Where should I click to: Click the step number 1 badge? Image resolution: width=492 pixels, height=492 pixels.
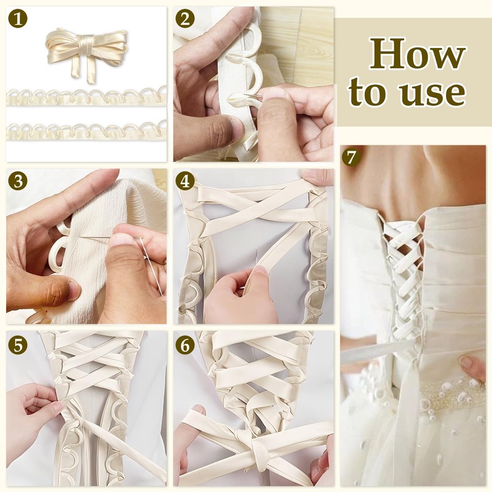coord(18,19)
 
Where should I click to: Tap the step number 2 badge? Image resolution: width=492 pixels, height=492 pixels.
coord(185,19)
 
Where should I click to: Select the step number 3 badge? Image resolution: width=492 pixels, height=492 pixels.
coord(18,181)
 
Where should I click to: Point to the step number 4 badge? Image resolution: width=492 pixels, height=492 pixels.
coord(185,181)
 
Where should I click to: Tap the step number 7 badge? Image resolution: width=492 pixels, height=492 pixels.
coord(351,157)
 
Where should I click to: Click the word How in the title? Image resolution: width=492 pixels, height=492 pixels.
coord(417,53)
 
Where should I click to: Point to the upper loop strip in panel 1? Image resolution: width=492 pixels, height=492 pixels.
coord(86,97)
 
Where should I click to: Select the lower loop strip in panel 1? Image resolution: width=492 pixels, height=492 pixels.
coord(86,131)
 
